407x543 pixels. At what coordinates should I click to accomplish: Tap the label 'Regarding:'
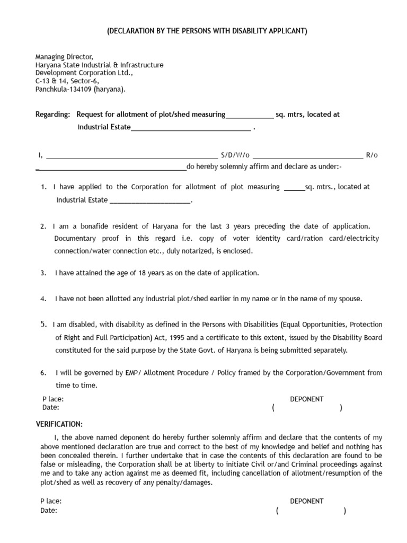pyautogui.click(x=52, y=115)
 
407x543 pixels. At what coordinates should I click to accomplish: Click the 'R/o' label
pyautogui.click(x=372, y=155)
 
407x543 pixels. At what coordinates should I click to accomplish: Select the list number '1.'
pyautogui.click(x=44, y=187)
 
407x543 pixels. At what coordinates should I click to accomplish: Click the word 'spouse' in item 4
pyautogui.click(x=349, y=299)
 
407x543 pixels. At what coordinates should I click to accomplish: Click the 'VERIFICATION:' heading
pyautogui.click(x=59, y=425)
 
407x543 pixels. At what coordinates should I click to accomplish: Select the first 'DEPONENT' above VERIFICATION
pyautogui.click(x=307, y=399)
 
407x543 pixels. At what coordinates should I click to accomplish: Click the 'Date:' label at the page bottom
pyautogui.click(x=49, y=511)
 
